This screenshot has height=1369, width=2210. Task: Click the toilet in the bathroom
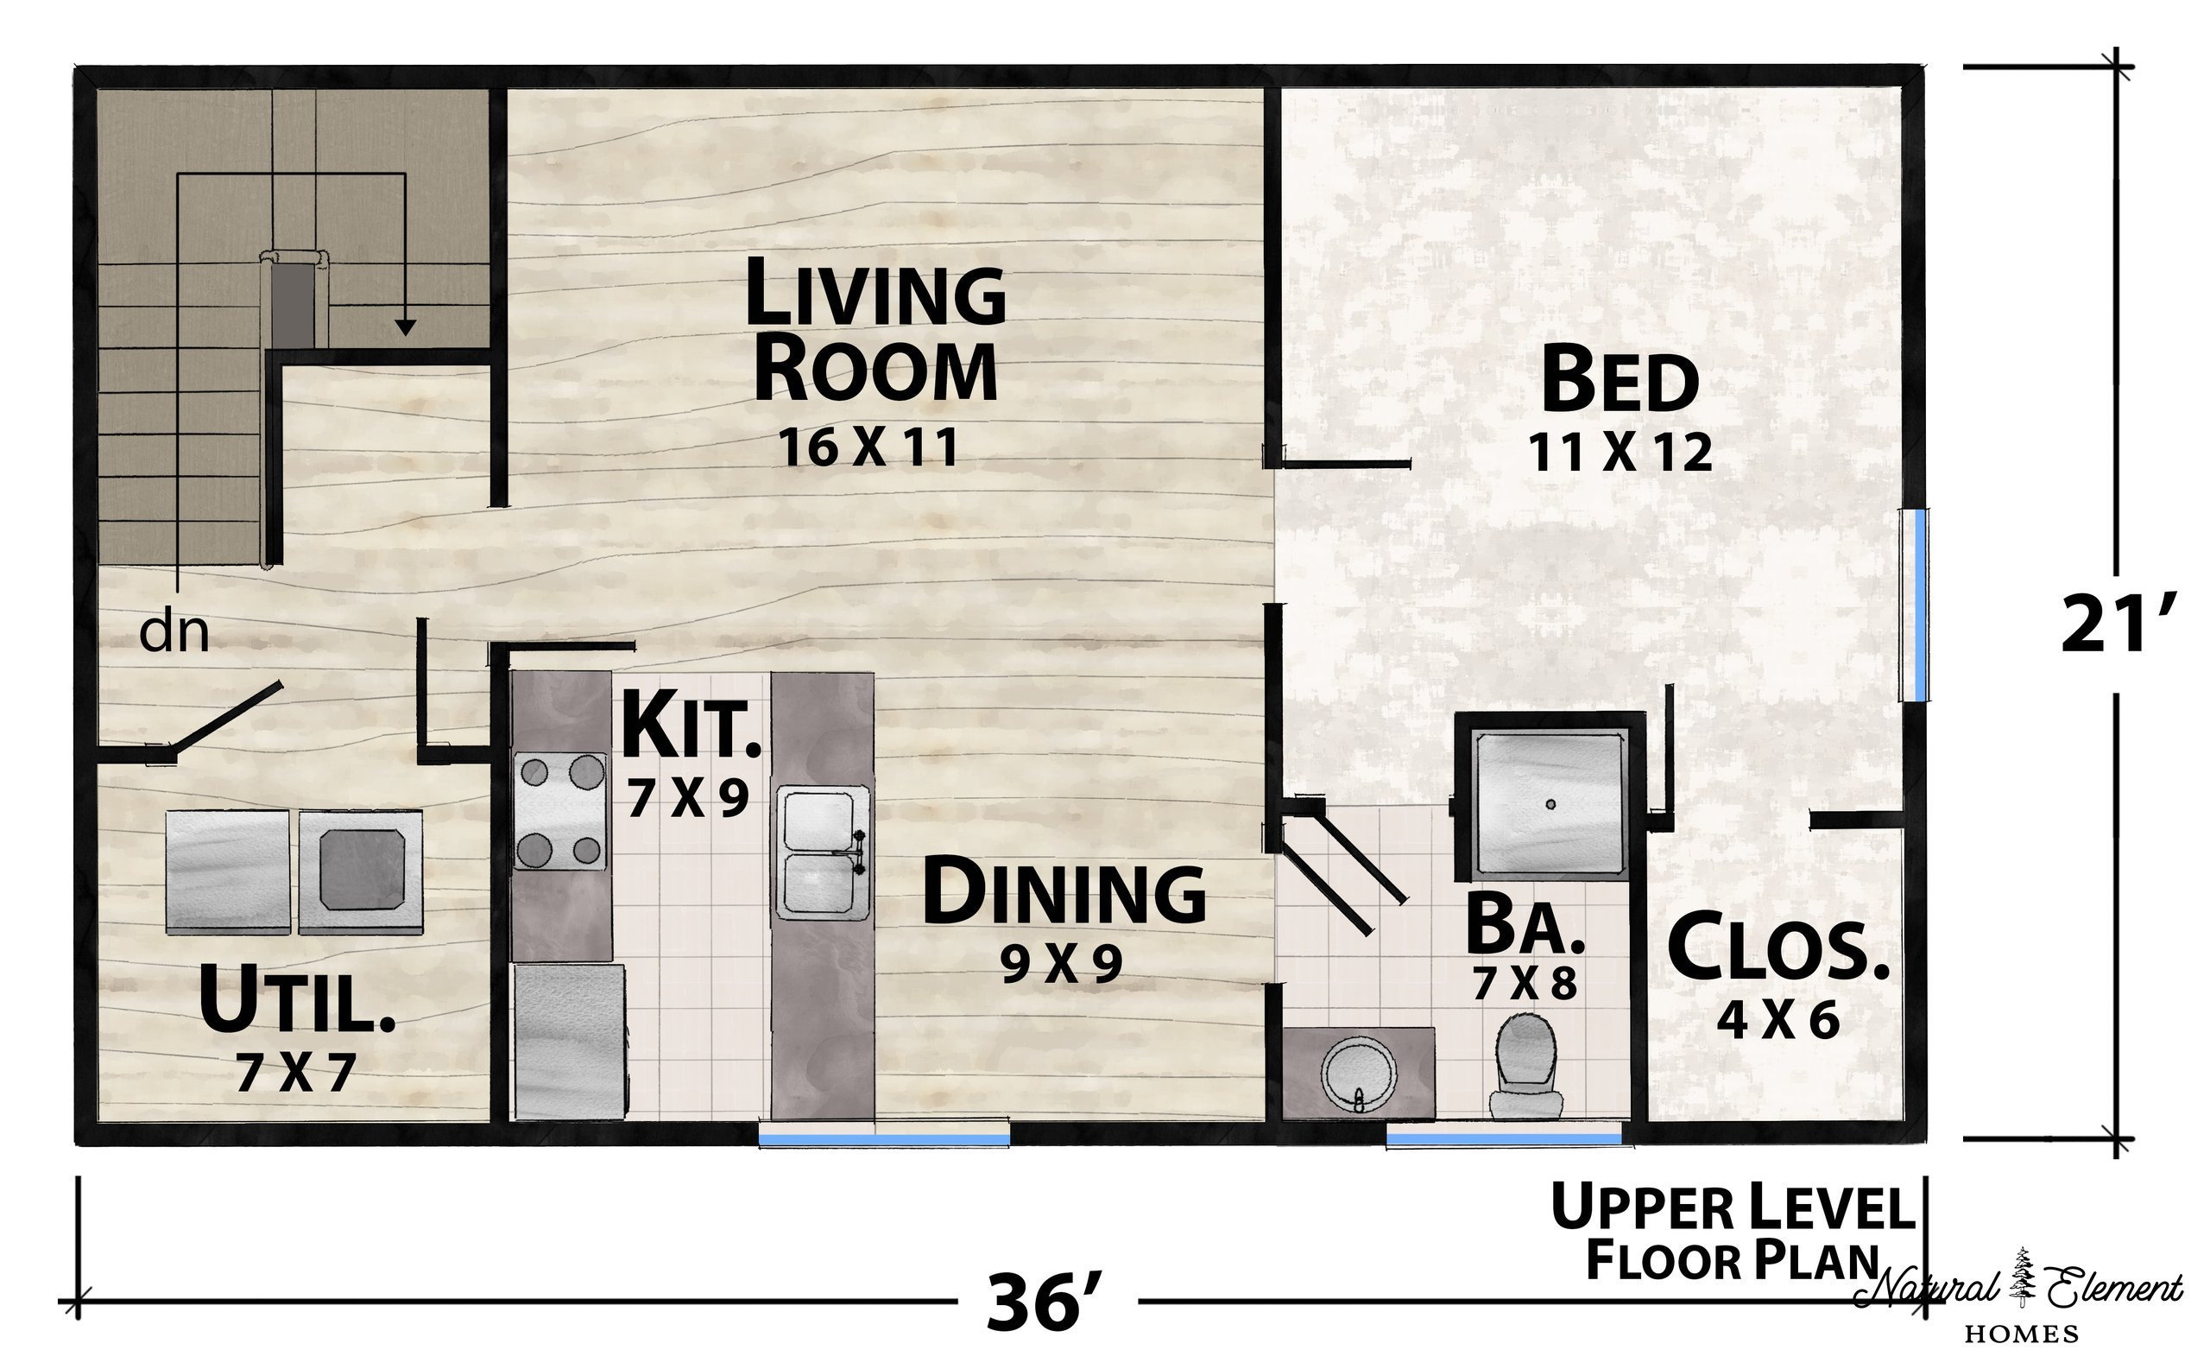coord(1527,1066)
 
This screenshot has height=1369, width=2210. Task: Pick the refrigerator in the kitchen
coord(569,1043)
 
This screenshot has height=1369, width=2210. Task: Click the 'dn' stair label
coord(174,633)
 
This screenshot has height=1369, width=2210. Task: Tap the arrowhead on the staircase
coord(406,327)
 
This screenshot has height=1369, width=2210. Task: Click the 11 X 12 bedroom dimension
coord(1620,452)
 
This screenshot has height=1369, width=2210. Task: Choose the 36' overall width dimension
coord(1045,1302)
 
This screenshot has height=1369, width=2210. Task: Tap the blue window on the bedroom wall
coord(1912,605)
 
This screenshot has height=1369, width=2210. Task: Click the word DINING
coord(1064,894)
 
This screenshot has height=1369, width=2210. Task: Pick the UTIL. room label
coord(297,999)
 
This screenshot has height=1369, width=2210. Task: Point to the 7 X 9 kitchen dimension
coord(689,799)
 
